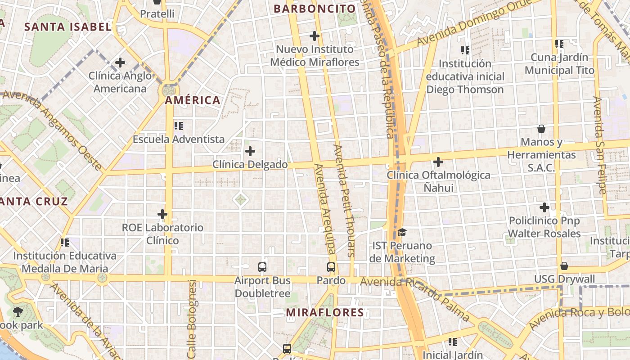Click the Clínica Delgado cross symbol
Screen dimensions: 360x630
pyautogui.click(x=250, y=151)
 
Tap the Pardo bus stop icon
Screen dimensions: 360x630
pyautogui.click(x=331, y=267)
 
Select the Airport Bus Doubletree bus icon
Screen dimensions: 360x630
pyautogui.click(x=263, y=267)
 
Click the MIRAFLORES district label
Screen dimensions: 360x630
pyautogui.click(x=325, y=312)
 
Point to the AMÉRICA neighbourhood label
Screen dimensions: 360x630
pyautogui.click(x=193, y=100)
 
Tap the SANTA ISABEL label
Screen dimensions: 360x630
pyautogui.click(x=67, y=27)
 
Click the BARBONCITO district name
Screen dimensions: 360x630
pyautogui.click(x=315, y=9)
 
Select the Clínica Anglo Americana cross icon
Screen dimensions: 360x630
pyautogui.click(x=120, y=63)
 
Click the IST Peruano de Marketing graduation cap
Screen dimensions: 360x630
pyautogui.click(x=402, y=233)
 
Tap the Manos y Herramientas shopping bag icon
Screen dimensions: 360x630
pyautogui.click(x=541, y=129)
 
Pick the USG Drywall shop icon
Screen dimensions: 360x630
pyautogui.click(x=564, y=266)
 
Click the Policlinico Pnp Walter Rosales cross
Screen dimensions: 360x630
pyautogui.click(x=544, y=208)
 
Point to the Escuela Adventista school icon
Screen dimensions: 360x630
pyautogui.click(x=179, y=126)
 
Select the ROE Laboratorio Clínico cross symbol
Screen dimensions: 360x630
pyautogui.click(x=162, y=215)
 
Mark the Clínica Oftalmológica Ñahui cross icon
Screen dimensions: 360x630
pyautogui.click(x=438, y=162)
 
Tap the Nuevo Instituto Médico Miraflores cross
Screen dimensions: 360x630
pyautogui.click(x=315, y=36)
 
